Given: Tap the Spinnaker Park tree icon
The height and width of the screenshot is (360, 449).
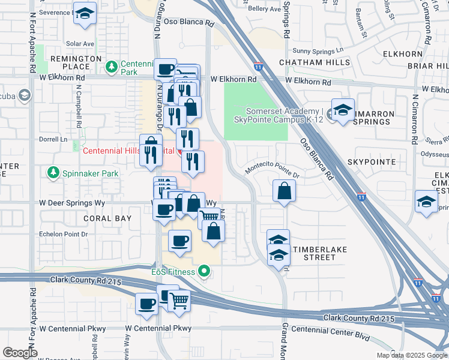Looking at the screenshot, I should pos(53,173).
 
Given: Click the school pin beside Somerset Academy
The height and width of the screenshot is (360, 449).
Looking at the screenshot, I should pos(343,110).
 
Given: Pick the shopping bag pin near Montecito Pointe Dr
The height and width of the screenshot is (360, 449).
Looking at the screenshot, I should pos(285,191).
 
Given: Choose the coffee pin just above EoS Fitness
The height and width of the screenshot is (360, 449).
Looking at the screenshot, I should pos(179,241).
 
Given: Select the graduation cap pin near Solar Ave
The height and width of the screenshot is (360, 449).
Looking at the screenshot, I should pos(85,14).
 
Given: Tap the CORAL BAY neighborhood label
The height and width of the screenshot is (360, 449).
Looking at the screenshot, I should pos(107,218).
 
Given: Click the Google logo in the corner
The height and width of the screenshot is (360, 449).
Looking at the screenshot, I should pos(20,352).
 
